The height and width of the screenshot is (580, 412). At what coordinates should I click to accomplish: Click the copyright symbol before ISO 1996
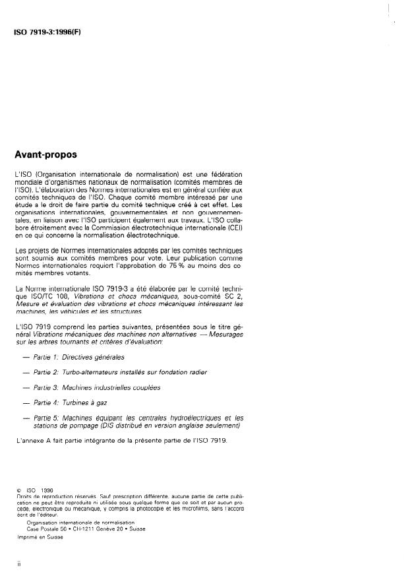(x=19, y=491)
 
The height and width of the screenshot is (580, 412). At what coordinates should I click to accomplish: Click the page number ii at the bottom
(x=18, y=564)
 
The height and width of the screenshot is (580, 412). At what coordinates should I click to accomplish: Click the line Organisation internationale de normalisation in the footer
(x=81, y=523)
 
